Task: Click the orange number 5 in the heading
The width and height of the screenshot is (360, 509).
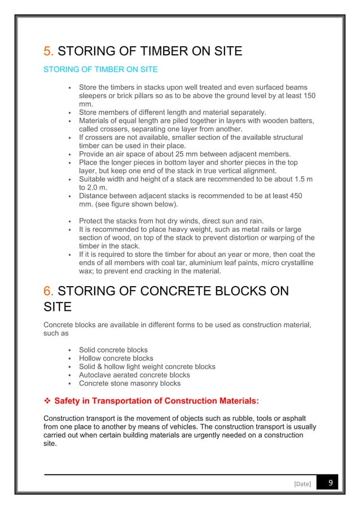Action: [48, 52]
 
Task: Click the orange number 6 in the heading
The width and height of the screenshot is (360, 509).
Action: [48, 292]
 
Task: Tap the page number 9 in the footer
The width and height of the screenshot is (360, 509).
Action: [328, 483]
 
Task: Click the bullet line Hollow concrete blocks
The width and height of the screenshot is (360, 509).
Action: [116, 358]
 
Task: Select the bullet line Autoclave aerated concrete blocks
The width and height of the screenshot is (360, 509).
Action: [134, 375]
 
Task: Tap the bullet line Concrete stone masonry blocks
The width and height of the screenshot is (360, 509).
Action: [130, 383]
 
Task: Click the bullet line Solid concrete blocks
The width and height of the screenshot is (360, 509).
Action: [112, 349]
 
